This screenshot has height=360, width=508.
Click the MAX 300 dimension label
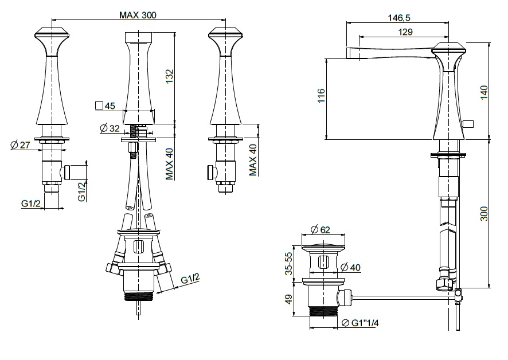tap(138, 15)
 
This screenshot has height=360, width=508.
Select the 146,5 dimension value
tap(399, 18)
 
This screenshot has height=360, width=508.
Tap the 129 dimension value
tap(405, 32)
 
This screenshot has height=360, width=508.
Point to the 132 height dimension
tap(170, 76)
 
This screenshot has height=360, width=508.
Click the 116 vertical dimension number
tap(321, 96)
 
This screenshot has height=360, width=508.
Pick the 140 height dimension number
tap(484, 92)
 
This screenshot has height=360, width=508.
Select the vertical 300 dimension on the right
tap(484, 214)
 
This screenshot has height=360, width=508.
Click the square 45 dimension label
tap(105, 105)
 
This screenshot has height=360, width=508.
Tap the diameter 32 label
tap(110, 128)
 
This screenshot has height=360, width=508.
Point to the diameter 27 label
tap(21, 145)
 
